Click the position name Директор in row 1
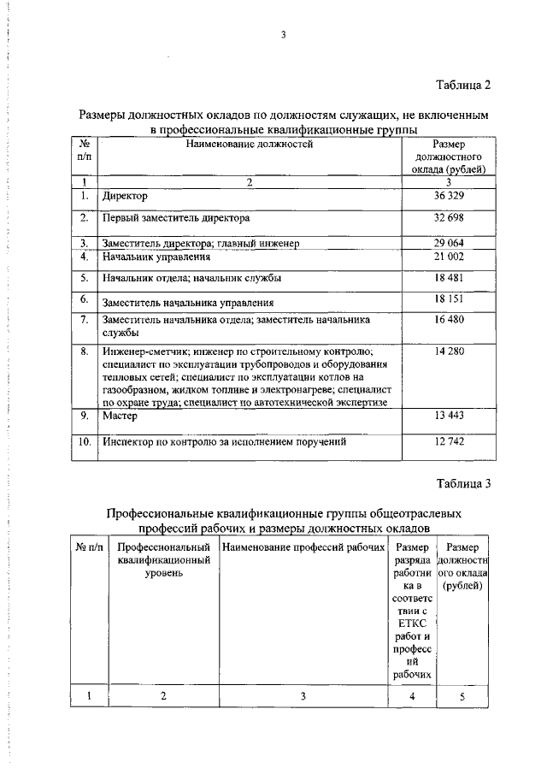coord(125,197)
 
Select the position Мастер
coord(120,417)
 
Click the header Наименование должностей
coord(250,145)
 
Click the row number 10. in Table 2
coord(85,443)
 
